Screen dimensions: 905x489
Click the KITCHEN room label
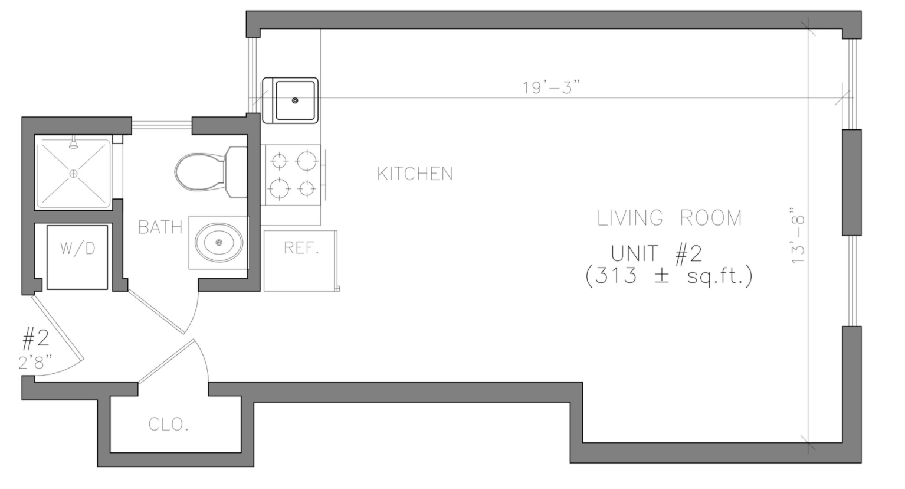click(x=415, y=174)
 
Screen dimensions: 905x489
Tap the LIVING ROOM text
click(x=670, y=218)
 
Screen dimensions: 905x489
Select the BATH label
click(x=160, y=227)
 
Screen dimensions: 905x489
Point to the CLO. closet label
click(x=169, y=424)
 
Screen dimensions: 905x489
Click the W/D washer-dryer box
click(x=77, y=257)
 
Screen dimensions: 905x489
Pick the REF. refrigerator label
click(x=301, y=248)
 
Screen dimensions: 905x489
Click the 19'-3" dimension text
click(x=552, y=87)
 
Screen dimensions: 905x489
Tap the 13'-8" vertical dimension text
click(x=798, y=236)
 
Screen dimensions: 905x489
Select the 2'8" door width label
click(x=35, y=363)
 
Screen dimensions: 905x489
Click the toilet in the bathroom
click(x=211, y=172)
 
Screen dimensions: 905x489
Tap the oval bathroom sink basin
click(x=219, y=242)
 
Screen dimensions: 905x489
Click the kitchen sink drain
click(x=295, y=100)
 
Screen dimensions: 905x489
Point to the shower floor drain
click(x=74, y=174)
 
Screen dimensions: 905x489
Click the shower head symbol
click(x=74, y=144)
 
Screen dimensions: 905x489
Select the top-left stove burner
click(x=279, y=161)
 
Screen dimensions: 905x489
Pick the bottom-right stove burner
click(x=307, y=188)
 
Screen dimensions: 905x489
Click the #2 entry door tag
click(x=35, y=339)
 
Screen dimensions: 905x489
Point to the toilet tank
click(x=237, y=172)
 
